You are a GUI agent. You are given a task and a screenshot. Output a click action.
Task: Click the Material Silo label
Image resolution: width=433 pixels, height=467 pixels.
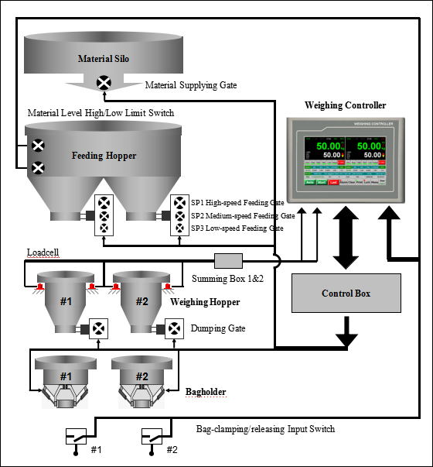pyautogui.click(x=104, y=58)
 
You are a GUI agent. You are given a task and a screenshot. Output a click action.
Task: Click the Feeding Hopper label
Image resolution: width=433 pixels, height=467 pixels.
pyautogui.click(x=104, y=156)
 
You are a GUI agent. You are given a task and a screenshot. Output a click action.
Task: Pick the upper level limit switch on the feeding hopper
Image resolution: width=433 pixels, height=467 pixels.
pyautogui.click(x=37, y=146)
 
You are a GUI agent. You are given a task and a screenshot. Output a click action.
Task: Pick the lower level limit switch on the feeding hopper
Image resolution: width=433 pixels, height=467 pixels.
pyautogui.click(x=37, y=167)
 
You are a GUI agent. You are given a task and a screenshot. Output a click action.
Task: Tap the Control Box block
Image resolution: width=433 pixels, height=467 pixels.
pyautogui.click(x=346, y=294)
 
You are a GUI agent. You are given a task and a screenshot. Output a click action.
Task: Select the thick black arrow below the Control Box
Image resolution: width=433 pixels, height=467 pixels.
pyautogui.click(x=346, y=332)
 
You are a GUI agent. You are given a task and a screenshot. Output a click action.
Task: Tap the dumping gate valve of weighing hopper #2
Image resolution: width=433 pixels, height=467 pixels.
pyautogui.click(x=172, y=328)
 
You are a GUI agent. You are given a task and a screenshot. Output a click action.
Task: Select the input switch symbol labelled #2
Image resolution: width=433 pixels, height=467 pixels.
pyautogui.click(x=152, y=436)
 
